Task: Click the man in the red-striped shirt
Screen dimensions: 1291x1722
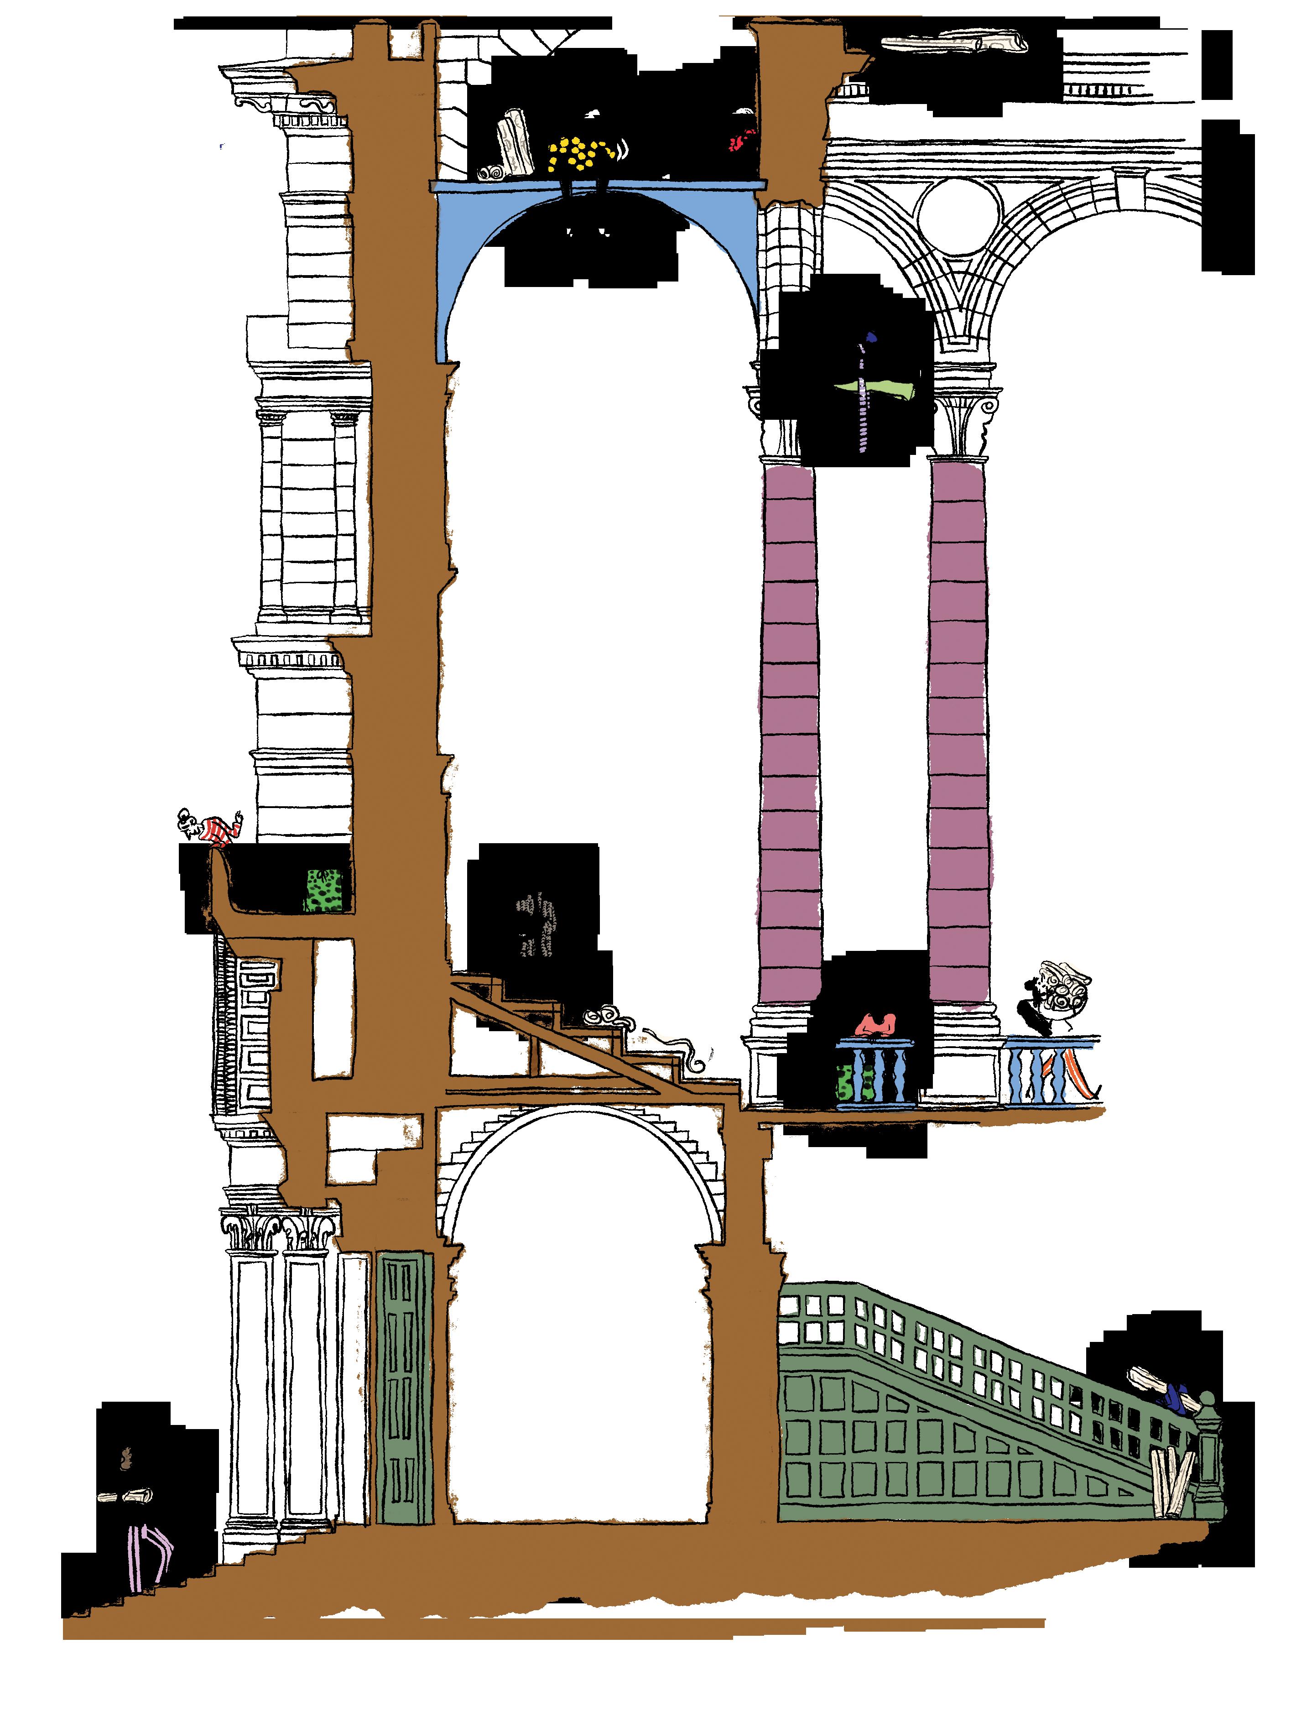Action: click(x=212, y=830)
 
